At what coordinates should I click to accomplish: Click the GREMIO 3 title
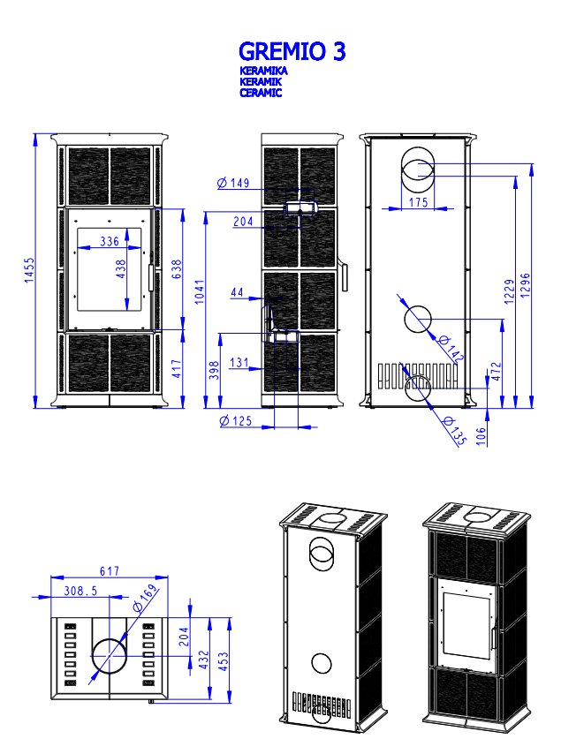click(x=292, y=51)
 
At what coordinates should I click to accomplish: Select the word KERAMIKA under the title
click(x=263, y=71)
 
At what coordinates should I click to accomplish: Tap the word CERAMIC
click(x=261, y=93)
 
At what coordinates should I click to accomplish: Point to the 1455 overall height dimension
click(x=29, y=270)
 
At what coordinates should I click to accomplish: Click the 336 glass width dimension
click(x=110, y=242)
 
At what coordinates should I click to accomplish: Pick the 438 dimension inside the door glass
click(x=121, y=269)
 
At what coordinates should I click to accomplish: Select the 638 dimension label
click(x=177, y=269)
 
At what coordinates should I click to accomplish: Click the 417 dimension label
click(x=177, y=368)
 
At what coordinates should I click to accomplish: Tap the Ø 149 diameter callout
click(x=233, y=183)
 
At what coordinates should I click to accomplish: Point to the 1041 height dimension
click(x=200, y=291)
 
